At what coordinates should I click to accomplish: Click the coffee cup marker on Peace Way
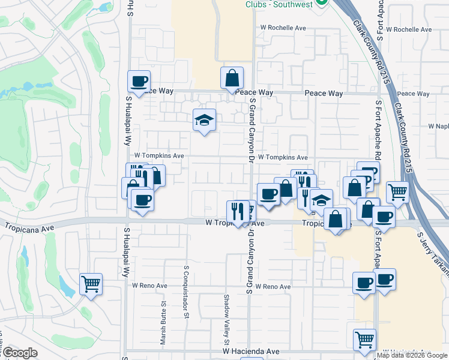click(139, 82)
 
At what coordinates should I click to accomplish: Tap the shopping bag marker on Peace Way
click(232, 78)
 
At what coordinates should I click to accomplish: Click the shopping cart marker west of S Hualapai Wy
click(91, 284)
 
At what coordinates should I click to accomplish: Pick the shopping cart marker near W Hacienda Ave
click(364, 340)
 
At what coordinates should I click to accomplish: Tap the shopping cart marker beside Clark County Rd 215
click(397, 193)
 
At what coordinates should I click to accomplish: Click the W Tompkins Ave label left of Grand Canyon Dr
click(159, 155)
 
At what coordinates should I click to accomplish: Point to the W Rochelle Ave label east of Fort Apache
click(409, 29)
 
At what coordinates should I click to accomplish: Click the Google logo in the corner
click(20, 353)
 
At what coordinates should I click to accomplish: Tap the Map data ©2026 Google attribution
click(412, 355)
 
